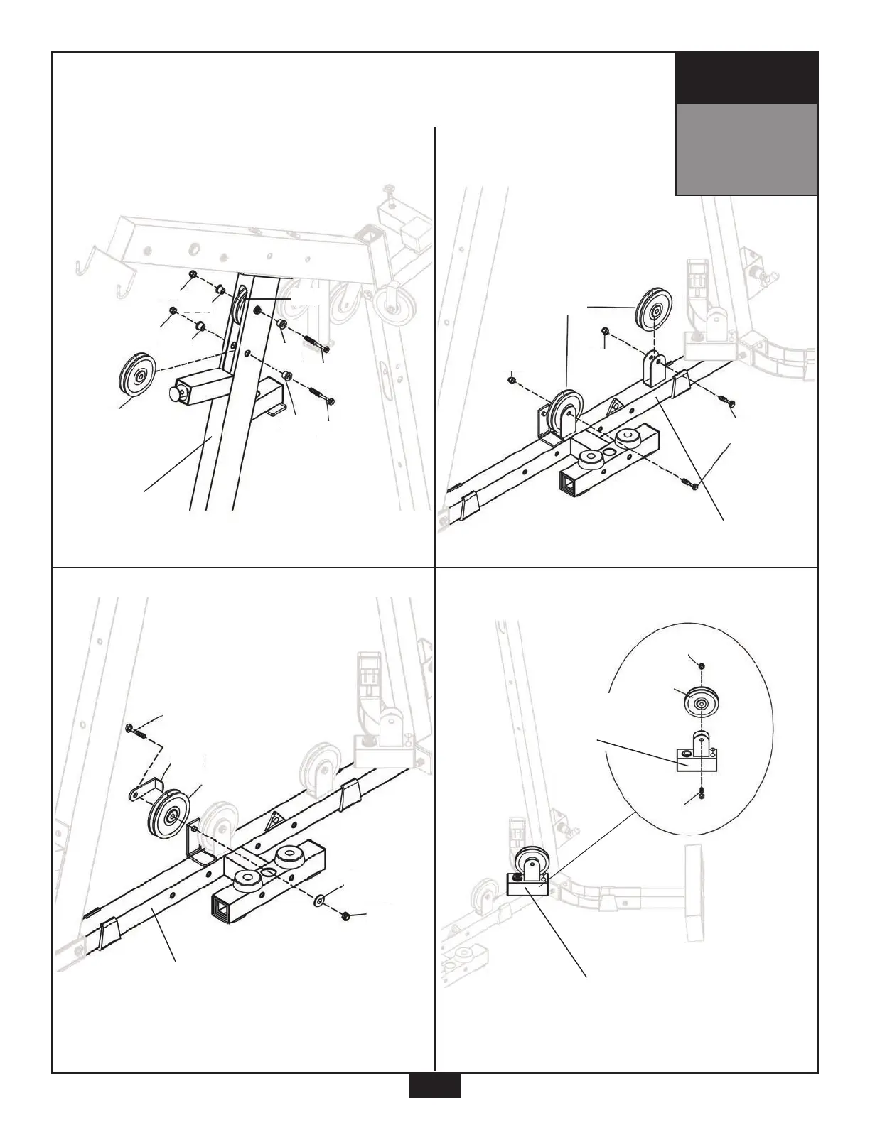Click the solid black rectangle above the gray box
[x=746, y=77]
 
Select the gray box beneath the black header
[x=746, y=149]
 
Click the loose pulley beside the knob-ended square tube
[x=139, y=374]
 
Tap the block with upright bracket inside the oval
[x=699, y=757]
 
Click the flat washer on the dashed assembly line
[x=319, y=901]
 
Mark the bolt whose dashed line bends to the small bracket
[x=134, y=729]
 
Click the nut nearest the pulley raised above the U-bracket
[x=605, y=332]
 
